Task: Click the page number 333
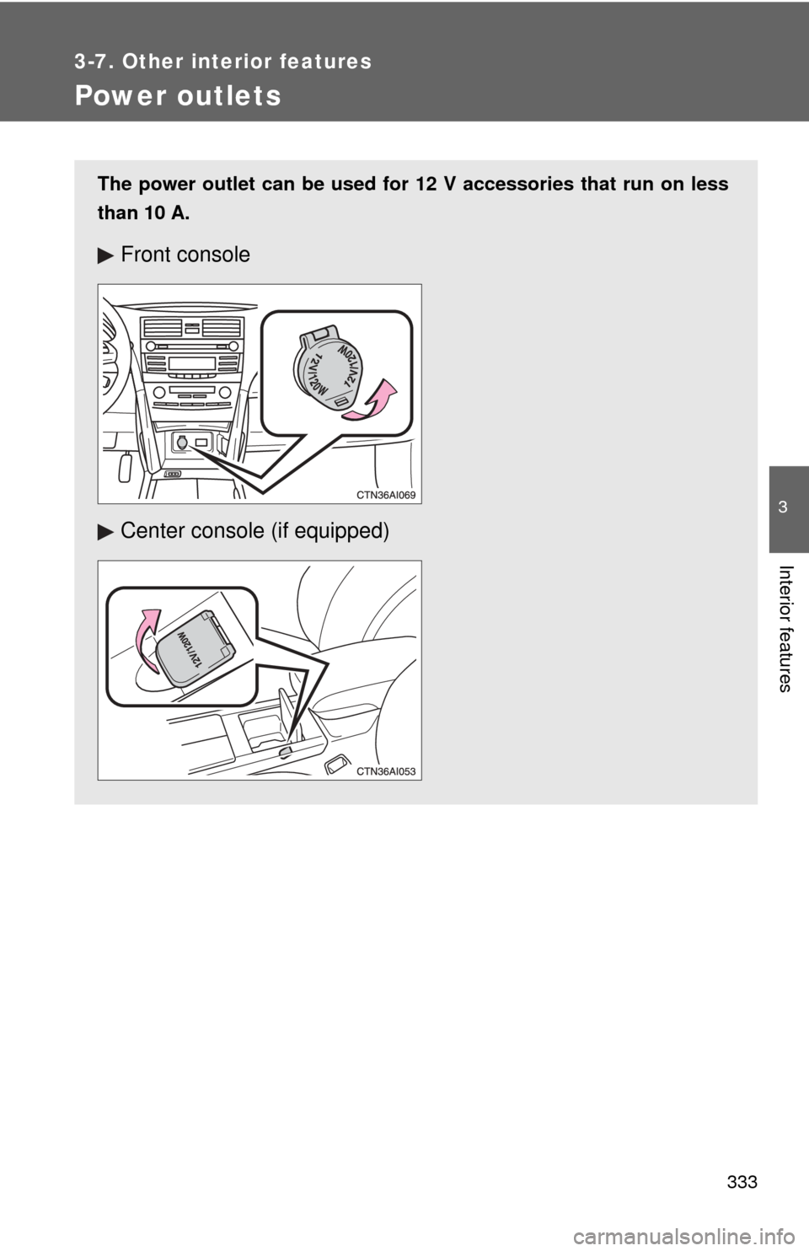coord(742,1183)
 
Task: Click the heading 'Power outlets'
coord(178,95)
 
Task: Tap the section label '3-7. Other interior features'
coord(223,61)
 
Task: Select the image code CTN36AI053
coord(386,771)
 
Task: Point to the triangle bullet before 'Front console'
coord(105,255)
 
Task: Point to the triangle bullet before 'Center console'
coord(105,532)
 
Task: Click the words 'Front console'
coord(185,255)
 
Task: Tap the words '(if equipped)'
coord(330,531)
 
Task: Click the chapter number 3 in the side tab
coord(783,507)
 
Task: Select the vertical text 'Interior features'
coord(785,629)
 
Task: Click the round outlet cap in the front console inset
coord(329,369)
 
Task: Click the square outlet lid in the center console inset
coord(196,647)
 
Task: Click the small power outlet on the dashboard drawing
coord(181,442)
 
